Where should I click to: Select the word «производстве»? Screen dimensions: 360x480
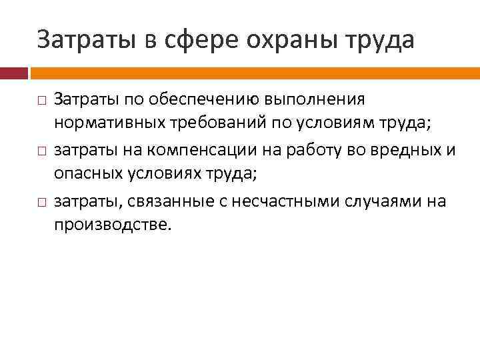coord(112,225)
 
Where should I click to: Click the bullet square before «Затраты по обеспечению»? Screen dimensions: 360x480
coord(41,101)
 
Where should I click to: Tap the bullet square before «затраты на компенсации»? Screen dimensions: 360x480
coord(41,151)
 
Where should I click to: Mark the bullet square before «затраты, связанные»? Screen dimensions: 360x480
coord(41,201)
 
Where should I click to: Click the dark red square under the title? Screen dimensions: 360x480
coord(14,72)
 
